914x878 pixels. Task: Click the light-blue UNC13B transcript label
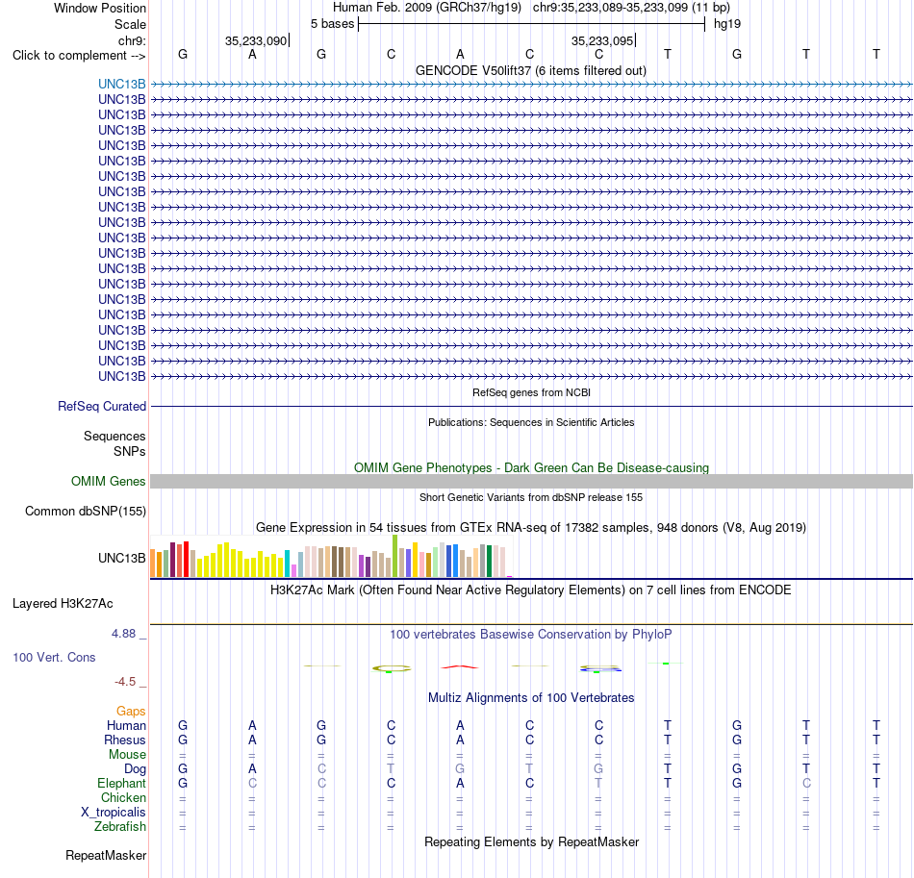coord(122,84)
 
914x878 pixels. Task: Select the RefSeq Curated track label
coord(102,406)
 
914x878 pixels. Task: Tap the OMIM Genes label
coord(109,481)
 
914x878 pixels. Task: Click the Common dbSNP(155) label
coord(86,511)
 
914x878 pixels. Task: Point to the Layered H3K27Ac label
coord(63,604)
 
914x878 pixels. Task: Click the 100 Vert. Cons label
coord(54,657)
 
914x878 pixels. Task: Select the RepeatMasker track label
coord(106,855)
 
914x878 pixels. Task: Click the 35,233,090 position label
coord(256,40)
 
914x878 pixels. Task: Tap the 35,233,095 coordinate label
coord(602,40)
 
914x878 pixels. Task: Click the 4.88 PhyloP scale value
coord(123,634)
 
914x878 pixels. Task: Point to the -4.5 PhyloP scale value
coord(125,682)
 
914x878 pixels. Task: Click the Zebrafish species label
coord(120,827)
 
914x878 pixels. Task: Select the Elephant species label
coord(122,783)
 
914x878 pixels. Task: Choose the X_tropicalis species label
coord(114,813)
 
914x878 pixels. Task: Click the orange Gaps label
coord(131,711)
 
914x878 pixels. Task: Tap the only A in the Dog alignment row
coord(252,769)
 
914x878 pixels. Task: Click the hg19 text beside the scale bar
coord(727,24)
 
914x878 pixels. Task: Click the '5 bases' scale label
coord(332,24)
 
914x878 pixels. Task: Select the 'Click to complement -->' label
coord(79,56)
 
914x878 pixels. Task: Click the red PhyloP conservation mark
coord(460,666)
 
